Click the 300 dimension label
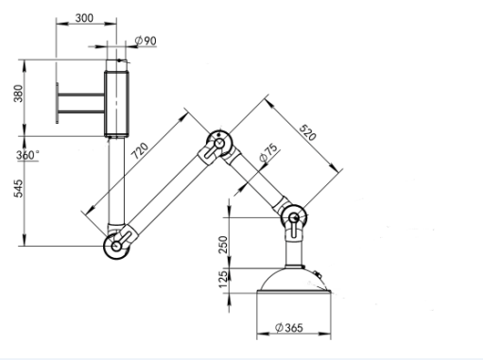coord(84,18)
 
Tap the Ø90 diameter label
coord(146,41)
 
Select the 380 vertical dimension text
coord(18,94)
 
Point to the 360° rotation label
coord(27,155)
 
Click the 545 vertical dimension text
coord(18,188)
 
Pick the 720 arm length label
coord(140,151)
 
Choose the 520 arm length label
coord(307,132)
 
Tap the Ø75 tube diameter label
coord(268,152)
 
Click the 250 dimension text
coord(223,245)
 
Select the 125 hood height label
coord(223,279)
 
